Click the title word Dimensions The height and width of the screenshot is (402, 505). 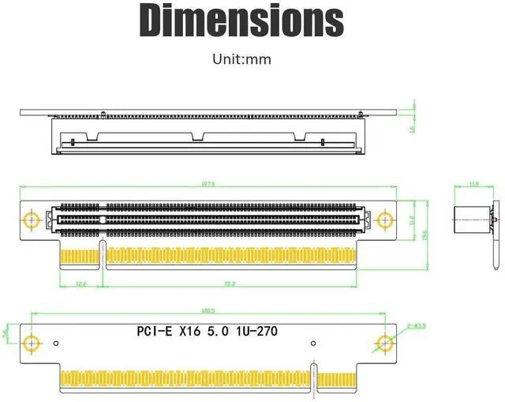point(241,21)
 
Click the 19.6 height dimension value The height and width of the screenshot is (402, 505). point(424,234)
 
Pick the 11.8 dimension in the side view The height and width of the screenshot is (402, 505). point(473,185)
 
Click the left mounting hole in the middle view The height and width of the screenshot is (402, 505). point(32,219)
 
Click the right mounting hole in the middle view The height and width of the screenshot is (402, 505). point(385,219)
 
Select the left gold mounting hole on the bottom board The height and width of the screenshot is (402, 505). point(32,343)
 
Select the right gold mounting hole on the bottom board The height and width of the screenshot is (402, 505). point(385,343)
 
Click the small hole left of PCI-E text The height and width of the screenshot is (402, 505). point(57,343)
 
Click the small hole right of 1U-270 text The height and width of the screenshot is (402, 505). point(313,343)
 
